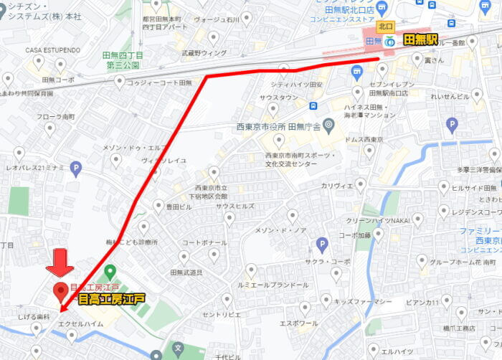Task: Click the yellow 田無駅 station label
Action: tap(420, 40)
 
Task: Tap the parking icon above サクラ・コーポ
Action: tap(322, 244)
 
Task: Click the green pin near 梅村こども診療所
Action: tap(110, 273)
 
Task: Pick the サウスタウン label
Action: tap(278, 97)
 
